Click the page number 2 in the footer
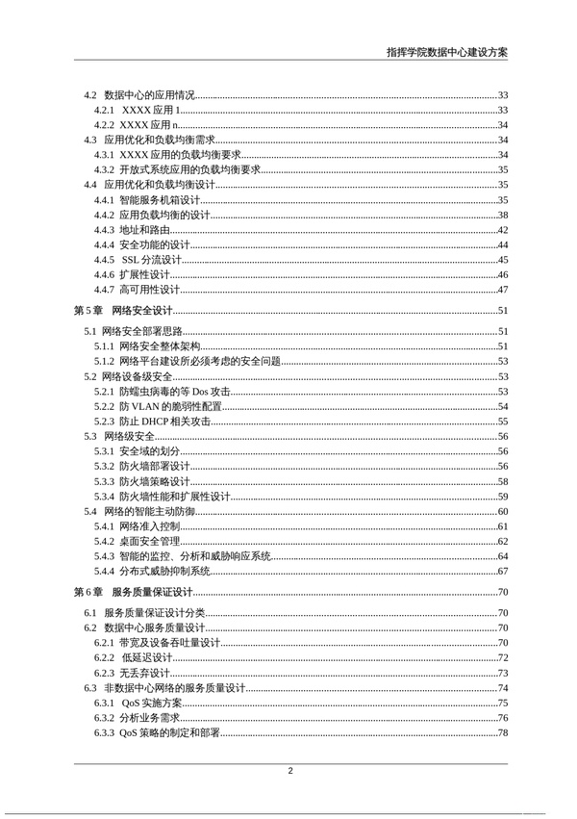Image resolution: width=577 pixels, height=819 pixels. [289, 771]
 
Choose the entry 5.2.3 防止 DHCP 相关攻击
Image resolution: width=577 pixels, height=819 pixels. [148, 422]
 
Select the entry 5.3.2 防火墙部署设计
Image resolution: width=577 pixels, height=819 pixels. [141, 466]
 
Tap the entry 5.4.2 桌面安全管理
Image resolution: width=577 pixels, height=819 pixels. [137, 541]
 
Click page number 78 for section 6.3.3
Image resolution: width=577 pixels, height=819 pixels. [502, 733]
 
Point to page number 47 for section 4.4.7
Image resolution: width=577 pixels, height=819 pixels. [502, 290]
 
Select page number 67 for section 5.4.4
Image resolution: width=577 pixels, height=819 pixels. [502, 571]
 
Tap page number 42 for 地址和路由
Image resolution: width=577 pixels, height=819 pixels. [502, 230]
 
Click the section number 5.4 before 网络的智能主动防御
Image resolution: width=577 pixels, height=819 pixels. [89, 511]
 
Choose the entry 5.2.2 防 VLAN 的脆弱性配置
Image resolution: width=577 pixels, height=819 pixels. [157, 406]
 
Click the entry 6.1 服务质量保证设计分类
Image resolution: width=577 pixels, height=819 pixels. [143, 613]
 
